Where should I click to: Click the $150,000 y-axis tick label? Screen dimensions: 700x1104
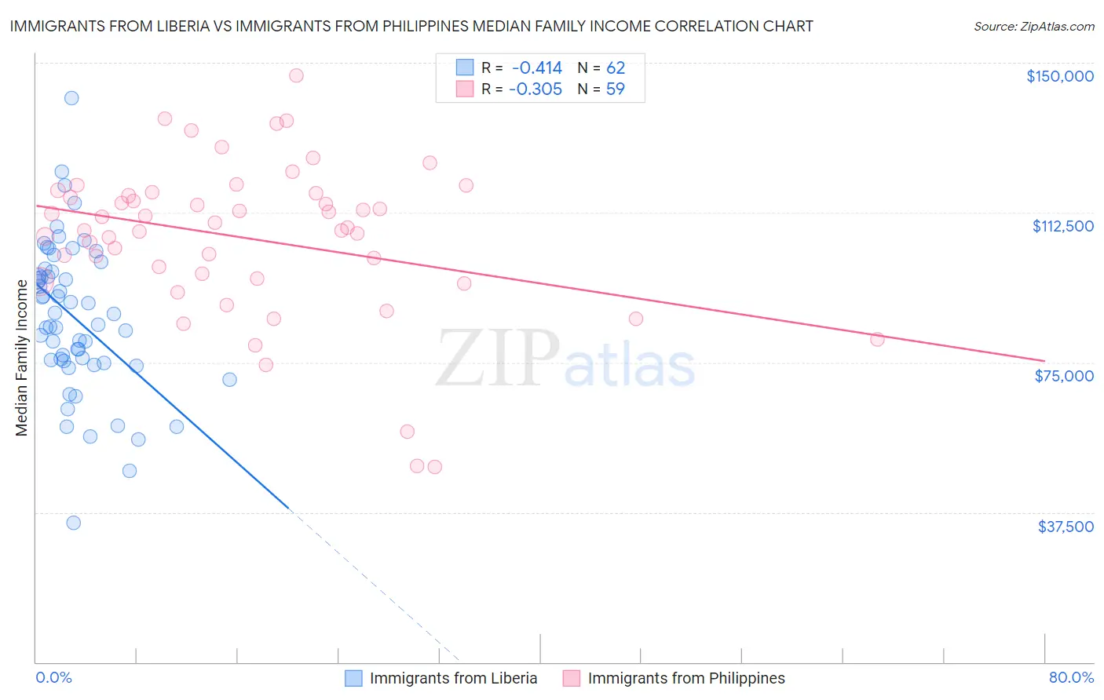tap(1059, 76)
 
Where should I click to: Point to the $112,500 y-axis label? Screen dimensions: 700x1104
tap(1062, 226)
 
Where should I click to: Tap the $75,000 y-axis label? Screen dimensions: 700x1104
tap(1064, 376)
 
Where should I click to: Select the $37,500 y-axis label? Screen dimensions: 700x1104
tap(1065, 527)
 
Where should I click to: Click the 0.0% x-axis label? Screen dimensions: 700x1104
tap(53, 678)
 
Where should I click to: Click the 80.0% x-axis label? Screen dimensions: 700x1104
tap(1071, 678)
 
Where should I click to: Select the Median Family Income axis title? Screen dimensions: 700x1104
tap(22, 358)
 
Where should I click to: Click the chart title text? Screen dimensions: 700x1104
tap(411, 26)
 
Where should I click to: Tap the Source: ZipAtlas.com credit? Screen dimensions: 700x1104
tap(1033, 26)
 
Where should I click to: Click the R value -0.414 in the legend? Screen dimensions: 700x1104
tap(537, 68)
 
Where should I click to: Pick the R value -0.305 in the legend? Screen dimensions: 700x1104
tap(536, 89)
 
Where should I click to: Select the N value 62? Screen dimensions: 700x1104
tap(616, 68)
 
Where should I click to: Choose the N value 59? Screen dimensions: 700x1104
tap(616, 89)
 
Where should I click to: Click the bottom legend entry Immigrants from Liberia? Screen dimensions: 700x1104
tap(453, 678)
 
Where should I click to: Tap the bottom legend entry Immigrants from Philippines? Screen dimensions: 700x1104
tap(685, 678)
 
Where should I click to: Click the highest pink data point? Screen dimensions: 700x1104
tap(296, 75)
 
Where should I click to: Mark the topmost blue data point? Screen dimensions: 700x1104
tap(71, 98)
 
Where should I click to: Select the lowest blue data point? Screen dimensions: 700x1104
tap(74, 523)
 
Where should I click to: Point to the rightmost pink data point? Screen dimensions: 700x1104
tap(877, 339)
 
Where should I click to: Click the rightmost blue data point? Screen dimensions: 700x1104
tap(229, 379)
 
